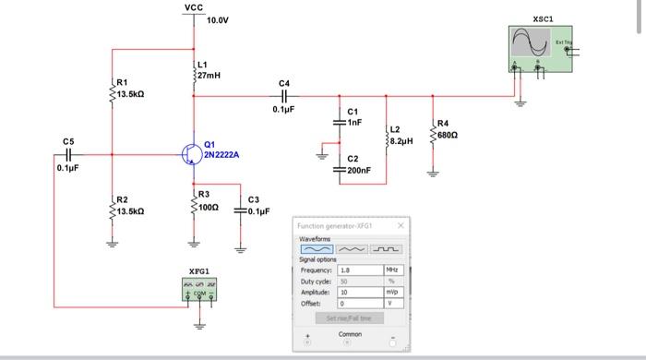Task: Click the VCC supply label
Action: [194, 7]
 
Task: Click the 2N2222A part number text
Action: [221, 155]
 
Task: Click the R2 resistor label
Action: [122, 200]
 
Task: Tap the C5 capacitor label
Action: [68, 141]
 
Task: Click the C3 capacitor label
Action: [255, 199]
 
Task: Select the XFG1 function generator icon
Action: [200, 291]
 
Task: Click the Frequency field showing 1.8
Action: [359, 270]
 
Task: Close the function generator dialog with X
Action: [401, 226]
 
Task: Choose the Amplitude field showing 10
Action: [359, 290]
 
